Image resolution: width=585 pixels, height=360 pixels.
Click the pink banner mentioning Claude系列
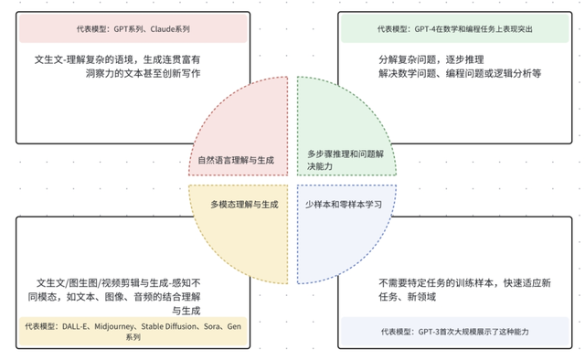click(133, 29)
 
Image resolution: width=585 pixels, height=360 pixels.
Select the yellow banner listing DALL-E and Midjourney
click(133, 331)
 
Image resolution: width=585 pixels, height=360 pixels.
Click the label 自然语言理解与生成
click(236, 161)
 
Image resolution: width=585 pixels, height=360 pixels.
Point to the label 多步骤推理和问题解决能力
click(351, 161)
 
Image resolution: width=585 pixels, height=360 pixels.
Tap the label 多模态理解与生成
click(243, 204)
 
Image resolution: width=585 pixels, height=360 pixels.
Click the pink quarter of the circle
click(251, 123)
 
